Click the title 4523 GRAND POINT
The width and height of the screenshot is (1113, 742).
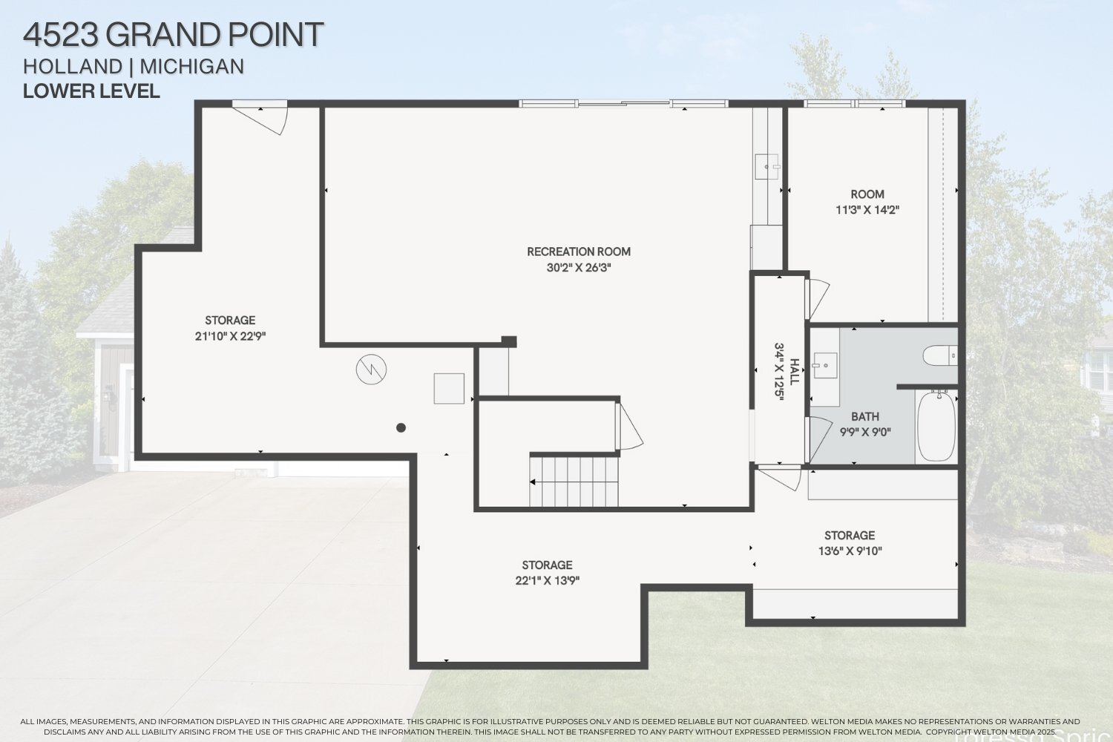173,35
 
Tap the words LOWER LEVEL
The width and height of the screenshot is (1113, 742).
91,91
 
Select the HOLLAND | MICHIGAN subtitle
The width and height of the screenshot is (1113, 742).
134,67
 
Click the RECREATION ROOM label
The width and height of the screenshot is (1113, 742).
579,252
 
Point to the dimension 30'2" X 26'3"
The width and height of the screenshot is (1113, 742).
579,268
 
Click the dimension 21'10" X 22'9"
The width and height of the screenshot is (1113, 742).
229,336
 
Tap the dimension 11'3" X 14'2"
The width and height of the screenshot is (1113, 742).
867,210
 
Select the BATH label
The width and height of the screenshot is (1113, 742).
865,417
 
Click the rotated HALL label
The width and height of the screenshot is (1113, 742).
795,371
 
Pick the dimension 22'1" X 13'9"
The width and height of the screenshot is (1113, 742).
547,581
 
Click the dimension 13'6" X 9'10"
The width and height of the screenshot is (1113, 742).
850,551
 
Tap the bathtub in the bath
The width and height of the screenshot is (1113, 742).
936,426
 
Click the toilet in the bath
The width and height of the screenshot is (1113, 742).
940,355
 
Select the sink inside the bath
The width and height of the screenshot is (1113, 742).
824,365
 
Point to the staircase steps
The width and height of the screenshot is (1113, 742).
574,481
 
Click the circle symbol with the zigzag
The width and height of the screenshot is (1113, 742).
371,369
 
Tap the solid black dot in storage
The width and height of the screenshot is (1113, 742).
401,427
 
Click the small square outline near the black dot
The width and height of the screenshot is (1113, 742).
449,388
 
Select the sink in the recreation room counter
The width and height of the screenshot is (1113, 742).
766,167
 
